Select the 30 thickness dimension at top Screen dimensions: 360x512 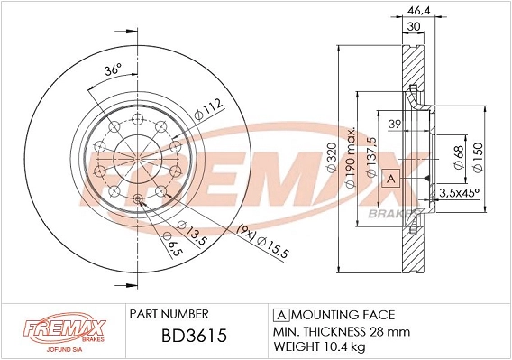click(413, 26)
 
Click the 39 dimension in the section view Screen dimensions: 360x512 click(394, 125)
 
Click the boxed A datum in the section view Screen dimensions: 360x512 click(389, 179)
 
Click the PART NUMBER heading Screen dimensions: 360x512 click(169, 313)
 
